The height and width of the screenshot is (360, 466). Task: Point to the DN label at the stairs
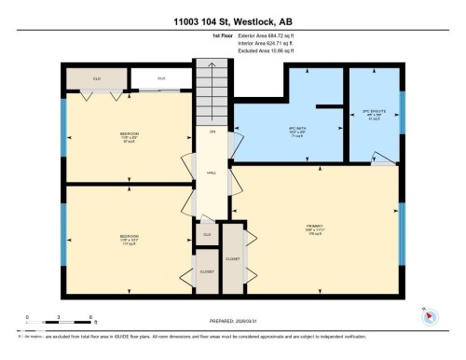point(212,132)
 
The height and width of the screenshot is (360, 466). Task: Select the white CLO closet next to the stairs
point(160,78)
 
